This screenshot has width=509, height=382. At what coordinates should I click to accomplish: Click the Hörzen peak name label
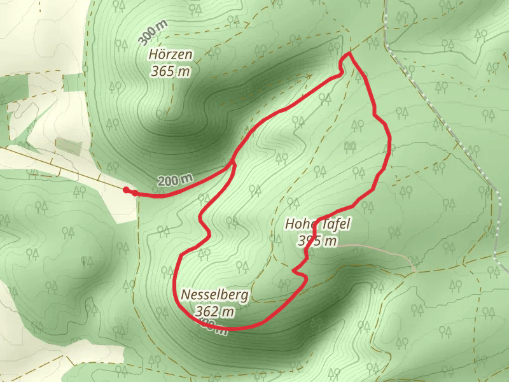[171, 55]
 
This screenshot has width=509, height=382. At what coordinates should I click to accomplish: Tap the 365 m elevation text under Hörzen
[171, 71]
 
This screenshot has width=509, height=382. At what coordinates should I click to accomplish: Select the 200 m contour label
[174, 181]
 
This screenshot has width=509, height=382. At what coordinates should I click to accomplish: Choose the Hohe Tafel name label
[317, 224]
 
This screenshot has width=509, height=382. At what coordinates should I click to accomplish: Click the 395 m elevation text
[317, 241]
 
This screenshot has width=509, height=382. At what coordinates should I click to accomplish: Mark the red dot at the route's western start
[127, 190]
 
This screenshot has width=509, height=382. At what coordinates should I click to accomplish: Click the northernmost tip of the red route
[348, 55]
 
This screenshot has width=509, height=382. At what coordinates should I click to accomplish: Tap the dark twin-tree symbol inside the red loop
[349, 147]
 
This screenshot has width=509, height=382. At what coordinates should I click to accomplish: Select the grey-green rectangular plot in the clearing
[68, 146]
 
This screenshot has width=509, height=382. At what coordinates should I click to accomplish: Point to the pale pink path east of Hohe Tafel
[382, 250]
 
